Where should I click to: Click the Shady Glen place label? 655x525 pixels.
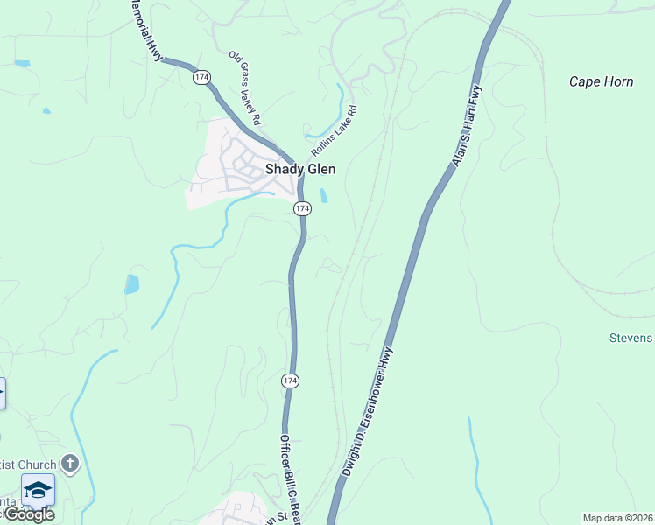(300, 170)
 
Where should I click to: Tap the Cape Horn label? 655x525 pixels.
(601, 81)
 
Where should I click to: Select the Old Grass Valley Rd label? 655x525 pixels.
(246, 88)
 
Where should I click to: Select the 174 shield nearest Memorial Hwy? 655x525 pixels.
(202, 77)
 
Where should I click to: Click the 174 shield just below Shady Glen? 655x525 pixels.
(302, 208)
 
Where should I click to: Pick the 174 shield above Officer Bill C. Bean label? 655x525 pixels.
(290, 381)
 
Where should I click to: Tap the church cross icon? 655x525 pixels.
(71, 464)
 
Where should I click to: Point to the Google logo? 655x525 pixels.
(28, 514)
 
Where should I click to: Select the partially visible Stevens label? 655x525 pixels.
(631, 338)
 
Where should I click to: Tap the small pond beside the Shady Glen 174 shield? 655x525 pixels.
(324, 196)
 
